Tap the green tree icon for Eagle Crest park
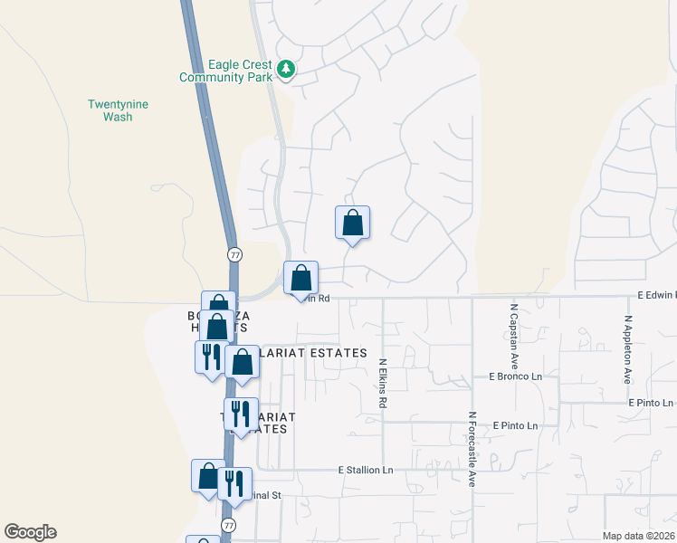[x=286, y=69]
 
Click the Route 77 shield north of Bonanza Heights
[x=234, y=254]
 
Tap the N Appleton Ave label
[x=626, y=349]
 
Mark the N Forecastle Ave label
[x=472, y=450]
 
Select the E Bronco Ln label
[x=515, y=376]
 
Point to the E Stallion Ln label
[x=367, y=470]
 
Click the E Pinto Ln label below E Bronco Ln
[x=515, y=425]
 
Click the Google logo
[x=31, y=532]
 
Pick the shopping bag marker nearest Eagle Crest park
[x=352, y=224]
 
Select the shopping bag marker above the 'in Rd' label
[x=301, y=278]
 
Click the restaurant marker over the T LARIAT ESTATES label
[x=241, y=414]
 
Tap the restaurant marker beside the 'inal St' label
[x=234, y=484]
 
